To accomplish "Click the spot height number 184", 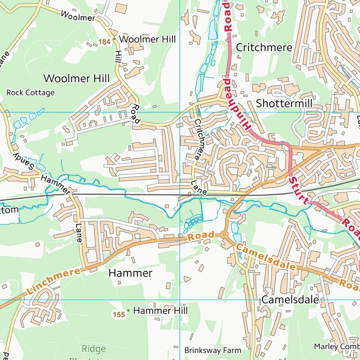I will click(x=104, y=42).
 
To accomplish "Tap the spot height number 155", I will click(x=119, y=315).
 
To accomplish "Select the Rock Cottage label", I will click(x=30, y=93).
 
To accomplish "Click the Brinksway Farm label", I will click(x=212, y=350).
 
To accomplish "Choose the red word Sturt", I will click(x=299, y=190).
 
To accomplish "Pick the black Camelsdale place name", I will click(x=290, y=299).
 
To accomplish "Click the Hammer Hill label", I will click(x=160, y=311).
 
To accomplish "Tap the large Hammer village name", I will click(x=130, y=273).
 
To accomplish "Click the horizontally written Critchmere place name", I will click(x=264, y=47).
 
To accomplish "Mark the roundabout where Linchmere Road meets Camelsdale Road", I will click(x=224, y=235).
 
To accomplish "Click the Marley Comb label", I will click(x=337, y=346).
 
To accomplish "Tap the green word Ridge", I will click(x=94, y=349).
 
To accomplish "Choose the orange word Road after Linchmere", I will click(x=201, y=236).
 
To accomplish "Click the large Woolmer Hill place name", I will click(x=73, y=78).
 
